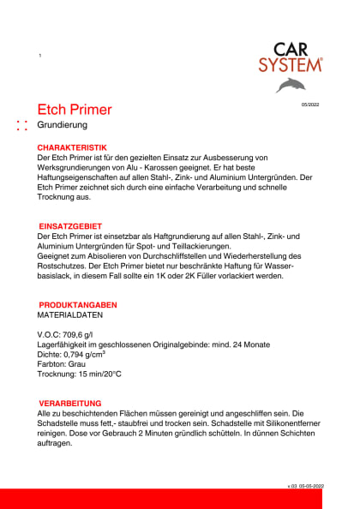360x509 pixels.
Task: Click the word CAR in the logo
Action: [292, 51]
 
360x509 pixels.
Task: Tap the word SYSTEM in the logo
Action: [291, 65]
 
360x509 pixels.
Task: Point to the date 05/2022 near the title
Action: [309, 105]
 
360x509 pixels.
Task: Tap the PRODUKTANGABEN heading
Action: [78, 305]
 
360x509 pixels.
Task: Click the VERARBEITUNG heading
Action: [71, 403]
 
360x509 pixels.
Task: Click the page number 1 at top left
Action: [40, 56]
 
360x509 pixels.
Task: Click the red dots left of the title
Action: [23, 126]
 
